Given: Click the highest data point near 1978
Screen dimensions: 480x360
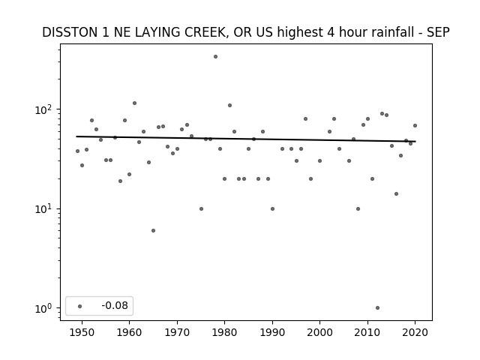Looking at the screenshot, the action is pos(215,57).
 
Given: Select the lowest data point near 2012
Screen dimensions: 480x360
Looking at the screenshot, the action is pos(377,308).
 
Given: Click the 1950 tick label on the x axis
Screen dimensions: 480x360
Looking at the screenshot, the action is pos(82,332).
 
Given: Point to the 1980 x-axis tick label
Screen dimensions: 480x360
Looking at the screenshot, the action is pos(224,332).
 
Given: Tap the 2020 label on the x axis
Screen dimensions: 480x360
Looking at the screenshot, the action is pos(415,332).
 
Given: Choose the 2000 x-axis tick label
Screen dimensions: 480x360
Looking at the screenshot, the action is pos(319,332).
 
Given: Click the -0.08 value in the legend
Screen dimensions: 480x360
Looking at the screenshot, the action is pos(115,305).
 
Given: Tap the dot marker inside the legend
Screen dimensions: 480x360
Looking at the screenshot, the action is pos(80,306).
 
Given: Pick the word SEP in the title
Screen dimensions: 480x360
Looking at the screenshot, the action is pos(439,32).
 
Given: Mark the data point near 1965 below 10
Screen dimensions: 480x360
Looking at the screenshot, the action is pos(153,230).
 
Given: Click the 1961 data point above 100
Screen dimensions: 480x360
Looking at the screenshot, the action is pos(134,103).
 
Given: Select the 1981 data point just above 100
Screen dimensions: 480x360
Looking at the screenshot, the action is pos(229,105).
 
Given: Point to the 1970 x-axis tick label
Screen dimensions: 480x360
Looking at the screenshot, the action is pos(177,332).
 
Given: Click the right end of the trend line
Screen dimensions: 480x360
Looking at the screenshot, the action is pos(415,142).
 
